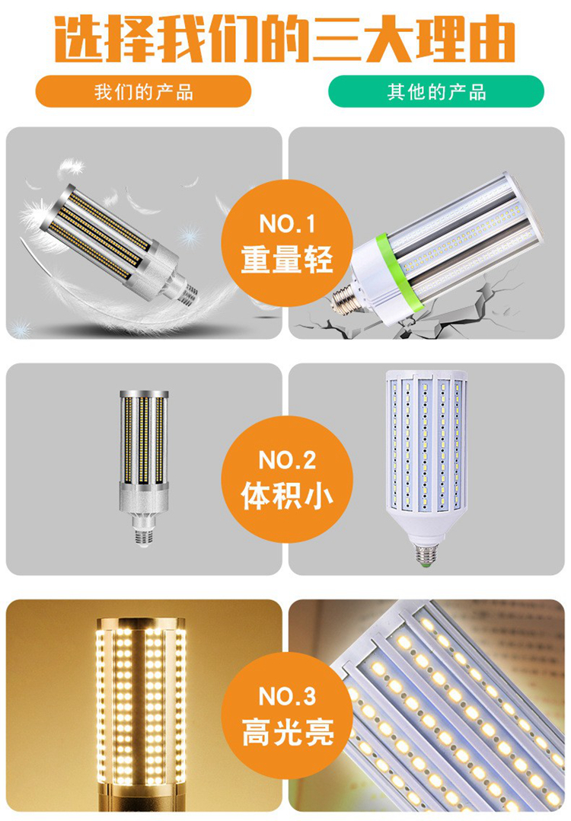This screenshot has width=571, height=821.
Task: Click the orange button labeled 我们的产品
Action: pos(143,91)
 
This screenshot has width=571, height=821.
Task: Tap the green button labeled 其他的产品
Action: pos(436,91)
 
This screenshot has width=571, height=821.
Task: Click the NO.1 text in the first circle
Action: pos(287,224)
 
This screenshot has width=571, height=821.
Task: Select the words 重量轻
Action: pos(287,259)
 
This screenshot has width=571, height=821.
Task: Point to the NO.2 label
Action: pos(287,460)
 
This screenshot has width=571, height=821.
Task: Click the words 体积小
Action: pos(287,495)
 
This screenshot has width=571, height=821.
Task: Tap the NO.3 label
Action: pos(287,696)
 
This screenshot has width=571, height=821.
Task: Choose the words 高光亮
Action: pos(287,731)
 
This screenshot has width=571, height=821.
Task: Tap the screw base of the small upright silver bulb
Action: pos(144,537)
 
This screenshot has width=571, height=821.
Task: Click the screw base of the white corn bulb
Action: pos(426,554)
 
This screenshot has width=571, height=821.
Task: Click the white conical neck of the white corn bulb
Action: pos(426,525)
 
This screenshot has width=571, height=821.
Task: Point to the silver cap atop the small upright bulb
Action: pos(144,394)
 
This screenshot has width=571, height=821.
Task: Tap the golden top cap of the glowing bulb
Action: pos(142,623)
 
